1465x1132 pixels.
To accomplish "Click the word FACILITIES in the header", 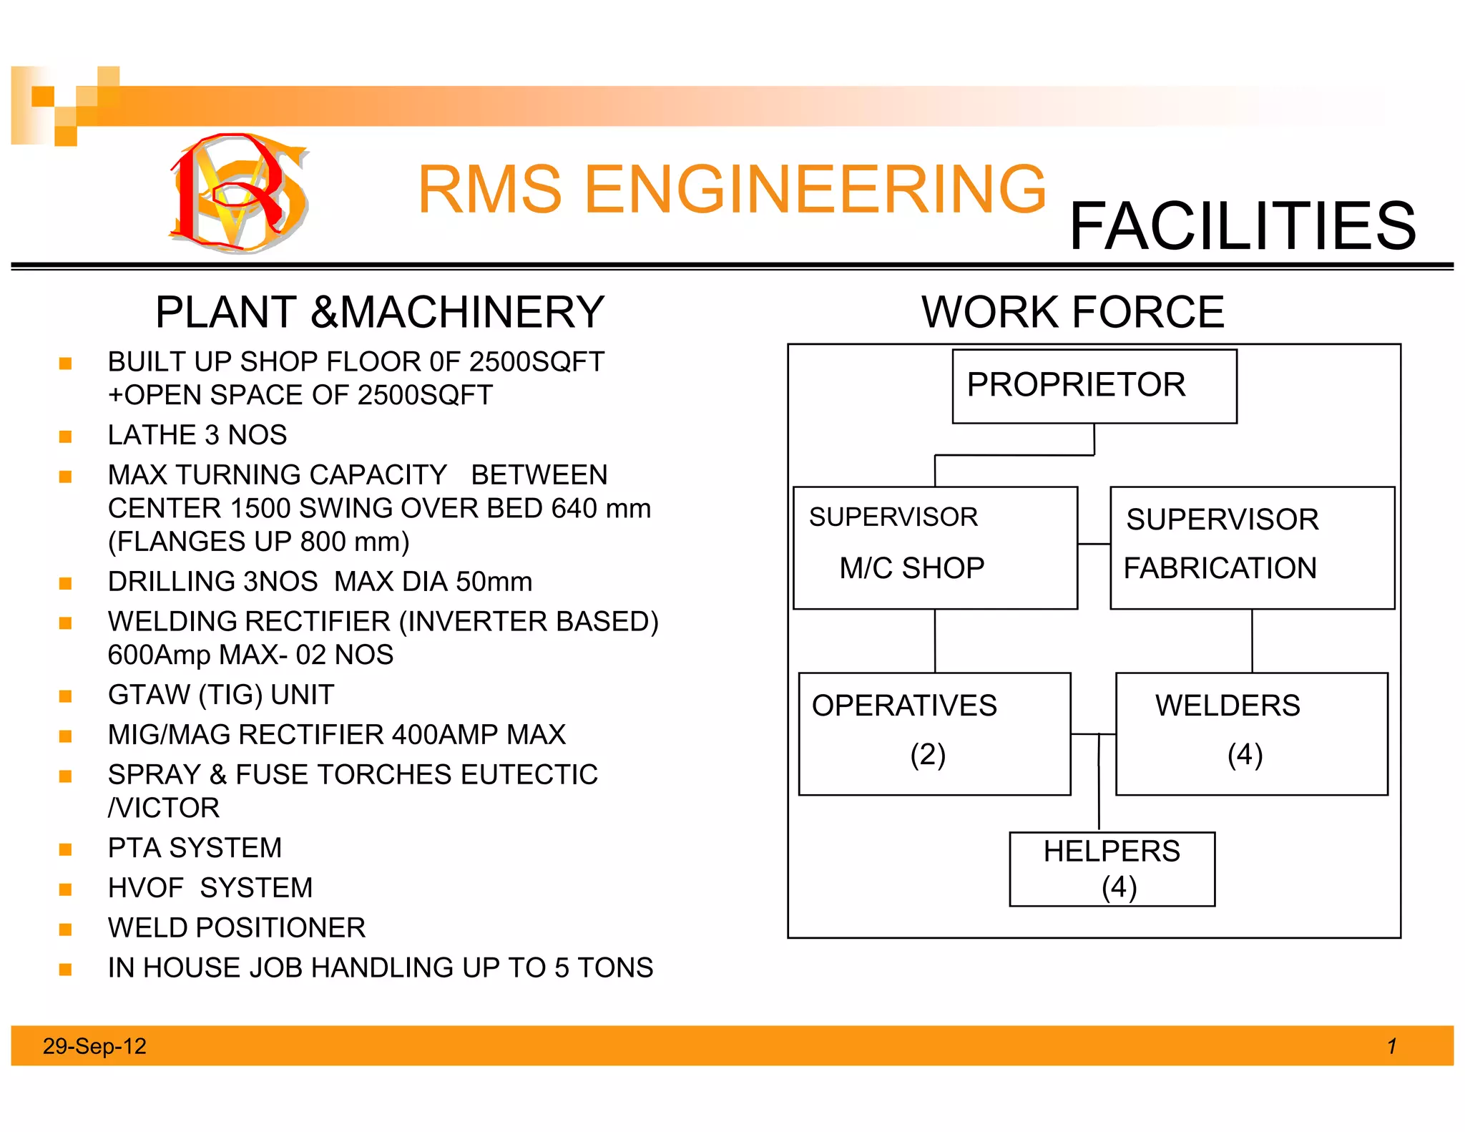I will (x=1242, y=227).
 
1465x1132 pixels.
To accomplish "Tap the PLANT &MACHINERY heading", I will (x=380, y=313).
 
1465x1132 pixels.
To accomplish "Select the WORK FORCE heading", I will (x=1072, y=313).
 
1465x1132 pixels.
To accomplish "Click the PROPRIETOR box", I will (x=1094, y=386).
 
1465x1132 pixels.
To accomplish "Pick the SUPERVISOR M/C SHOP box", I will (x=935, y=547).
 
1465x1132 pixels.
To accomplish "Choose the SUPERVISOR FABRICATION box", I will (x=1252, y=547).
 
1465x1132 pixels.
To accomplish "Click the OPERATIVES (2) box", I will (x=934, y=733).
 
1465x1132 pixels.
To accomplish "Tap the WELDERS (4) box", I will (x=1251, y=733).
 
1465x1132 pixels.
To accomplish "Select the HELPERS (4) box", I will (x=1112, y=869).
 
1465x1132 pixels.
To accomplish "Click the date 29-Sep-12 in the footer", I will (x=94, y=1046).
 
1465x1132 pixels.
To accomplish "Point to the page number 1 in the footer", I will (x=1391, y=1046).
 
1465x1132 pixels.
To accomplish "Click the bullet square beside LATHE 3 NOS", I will (x=66, y=436).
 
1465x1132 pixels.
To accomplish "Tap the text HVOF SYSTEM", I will (x=210, y=888).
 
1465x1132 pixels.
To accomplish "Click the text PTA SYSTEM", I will (x=195, y=848).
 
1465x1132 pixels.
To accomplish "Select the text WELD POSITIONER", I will (x=236, y=928).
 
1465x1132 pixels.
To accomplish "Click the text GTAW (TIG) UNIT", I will (x=221, y=695).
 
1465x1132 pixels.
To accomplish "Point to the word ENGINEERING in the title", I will (x=815, y=190).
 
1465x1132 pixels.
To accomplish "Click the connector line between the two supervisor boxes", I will (x=1094, y=544).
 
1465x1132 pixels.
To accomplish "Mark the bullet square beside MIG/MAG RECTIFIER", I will (x=66, y=736).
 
